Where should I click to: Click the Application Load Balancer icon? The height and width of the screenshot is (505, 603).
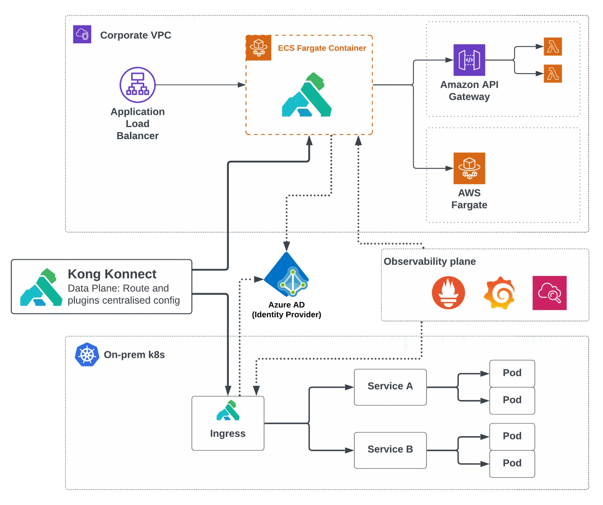pos(138,85)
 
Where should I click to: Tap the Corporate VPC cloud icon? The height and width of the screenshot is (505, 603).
pos(82,34)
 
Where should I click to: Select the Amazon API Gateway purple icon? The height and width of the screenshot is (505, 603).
pos(469,60)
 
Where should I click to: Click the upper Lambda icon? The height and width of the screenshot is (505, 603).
pos(553,47)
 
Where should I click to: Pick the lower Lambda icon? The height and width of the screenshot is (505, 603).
pos(553,74)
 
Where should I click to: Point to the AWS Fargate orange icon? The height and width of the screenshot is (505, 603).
pos(469,168)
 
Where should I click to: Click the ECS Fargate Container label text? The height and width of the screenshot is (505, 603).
pos(322,48)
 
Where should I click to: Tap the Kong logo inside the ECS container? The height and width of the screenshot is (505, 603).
pos(307,95)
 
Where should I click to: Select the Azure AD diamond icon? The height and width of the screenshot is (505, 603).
pos(287,275)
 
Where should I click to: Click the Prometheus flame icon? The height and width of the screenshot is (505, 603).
pos(448,293)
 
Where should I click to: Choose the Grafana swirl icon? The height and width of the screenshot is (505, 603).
pos(499,293)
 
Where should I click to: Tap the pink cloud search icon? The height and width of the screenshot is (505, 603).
pos(550,293)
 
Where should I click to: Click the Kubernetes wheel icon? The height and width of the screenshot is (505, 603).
pos(87,355)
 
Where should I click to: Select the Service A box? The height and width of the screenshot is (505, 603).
pos(390,387)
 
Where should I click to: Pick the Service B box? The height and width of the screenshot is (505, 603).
pos(390,450)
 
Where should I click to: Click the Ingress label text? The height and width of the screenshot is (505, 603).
pos(228,433)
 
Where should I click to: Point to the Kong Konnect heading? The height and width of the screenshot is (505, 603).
pos(112,274)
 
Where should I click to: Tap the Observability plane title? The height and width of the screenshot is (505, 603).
pos(430,261)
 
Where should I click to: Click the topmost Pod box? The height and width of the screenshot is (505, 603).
pos(512,373)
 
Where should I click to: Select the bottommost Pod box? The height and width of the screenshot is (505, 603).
pos(512,464)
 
